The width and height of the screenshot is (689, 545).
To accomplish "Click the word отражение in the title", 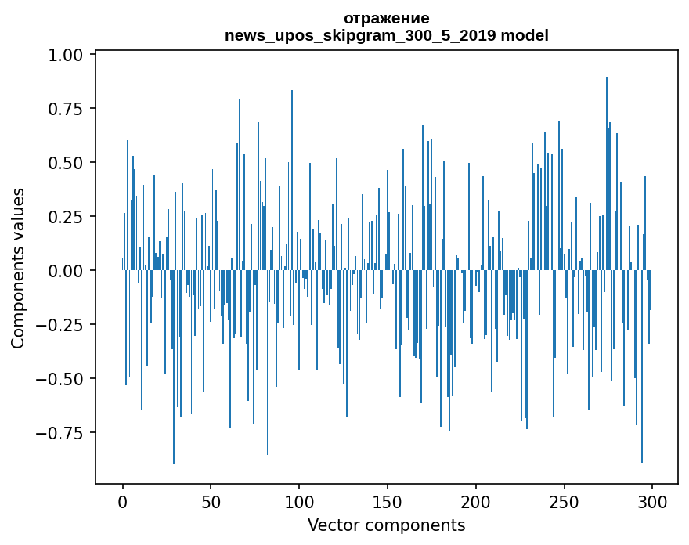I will click(x=386, y=19).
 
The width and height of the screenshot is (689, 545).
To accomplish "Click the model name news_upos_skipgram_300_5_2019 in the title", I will click(x=361, y=35).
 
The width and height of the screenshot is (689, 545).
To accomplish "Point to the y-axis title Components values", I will click(x=18, y=268).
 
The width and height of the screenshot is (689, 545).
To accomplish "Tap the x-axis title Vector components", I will click(x=386, y=525).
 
